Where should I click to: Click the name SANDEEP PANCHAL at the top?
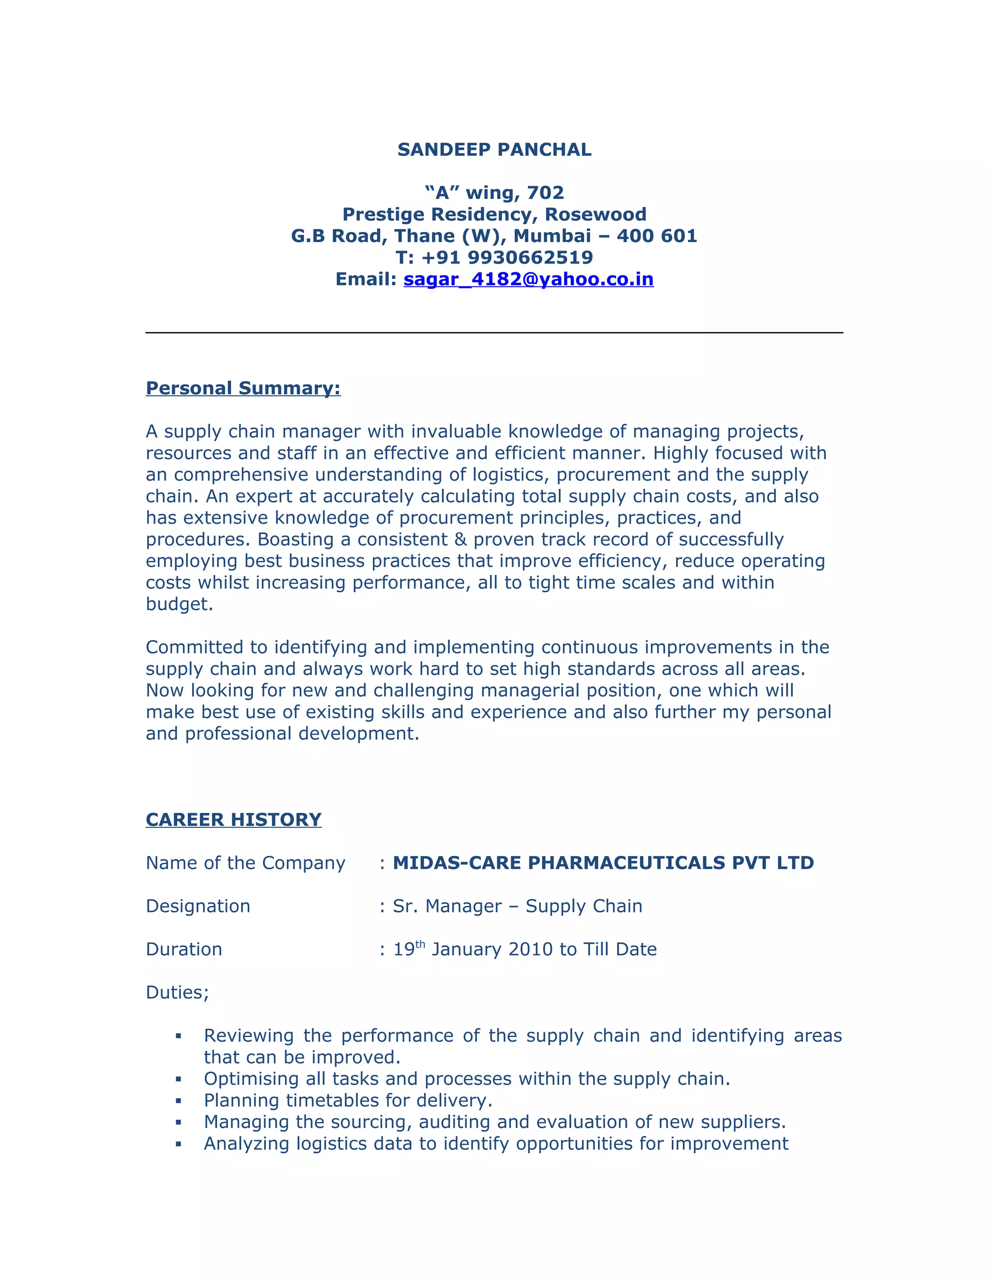494,150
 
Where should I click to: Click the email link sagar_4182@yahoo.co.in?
528,279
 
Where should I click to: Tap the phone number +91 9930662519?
507,257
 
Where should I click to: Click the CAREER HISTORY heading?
233,819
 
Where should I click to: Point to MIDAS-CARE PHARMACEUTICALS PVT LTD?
603,863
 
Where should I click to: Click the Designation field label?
198,906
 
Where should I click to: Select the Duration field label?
184,950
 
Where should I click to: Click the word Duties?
176,993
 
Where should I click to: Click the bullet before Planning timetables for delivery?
178,1101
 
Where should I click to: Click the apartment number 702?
545,193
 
